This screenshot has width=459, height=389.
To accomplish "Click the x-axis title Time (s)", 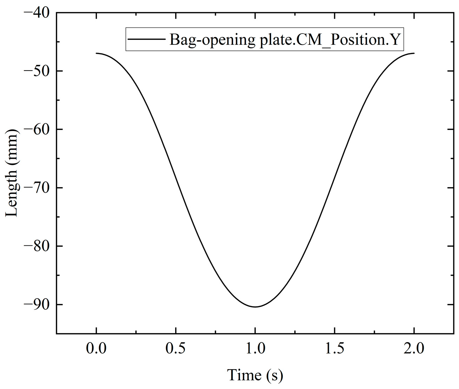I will click(255, 375).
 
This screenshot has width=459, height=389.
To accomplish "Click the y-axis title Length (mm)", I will click(11, 173).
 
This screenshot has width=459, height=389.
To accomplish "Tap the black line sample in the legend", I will click(146, 39).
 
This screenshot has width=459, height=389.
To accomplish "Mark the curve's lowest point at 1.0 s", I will click(255, 307).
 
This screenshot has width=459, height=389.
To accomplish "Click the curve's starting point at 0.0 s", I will click(96, 53).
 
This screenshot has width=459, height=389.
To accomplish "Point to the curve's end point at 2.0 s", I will click(414, 53).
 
